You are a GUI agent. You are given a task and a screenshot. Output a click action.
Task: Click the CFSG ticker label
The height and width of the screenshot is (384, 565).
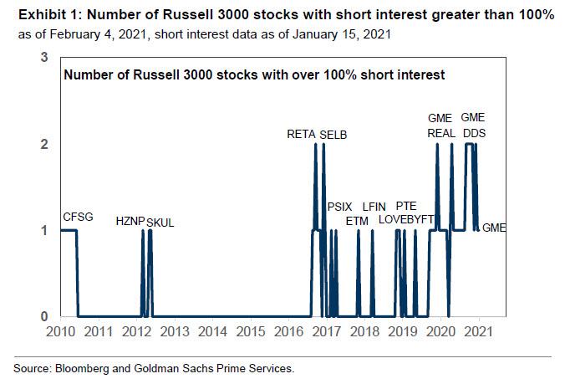coord(78,218)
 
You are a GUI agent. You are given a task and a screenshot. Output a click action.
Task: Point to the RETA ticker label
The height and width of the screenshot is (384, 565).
coord(301,134)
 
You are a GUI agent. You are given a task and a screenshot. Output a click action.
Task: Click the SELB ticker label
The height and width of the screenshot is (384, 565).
coord(333,134)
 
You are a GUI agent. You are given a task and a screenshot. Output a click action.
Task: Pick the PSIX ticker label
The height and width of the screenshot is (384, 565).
coord(340,206)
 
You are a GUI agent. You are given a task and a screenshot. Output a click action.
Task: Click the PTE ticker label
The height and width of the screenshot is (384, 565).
coord(406,206)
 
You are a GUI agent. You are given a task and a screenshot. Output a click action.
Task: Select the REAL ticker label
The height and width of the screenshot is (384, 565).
coord(440,132)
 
